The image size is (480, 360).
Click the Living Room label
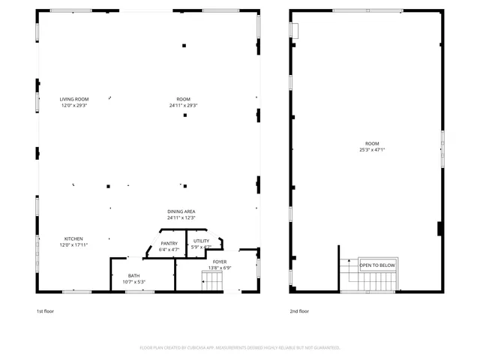(74, 99)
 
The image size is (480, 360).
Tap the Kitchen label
(73, 238)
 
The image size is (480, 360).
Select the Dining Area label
(181, 211)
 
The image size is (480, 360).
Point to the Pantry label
(169, 243)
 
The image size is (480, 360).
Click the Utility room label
(201, 241)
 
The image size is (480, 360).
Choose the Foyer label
(220, 262)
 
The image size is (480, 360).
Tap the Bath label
(133, 276)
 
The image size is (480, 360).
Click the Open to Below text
(377, 265)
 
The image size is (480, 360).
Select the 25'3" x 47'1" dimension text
(372, 149)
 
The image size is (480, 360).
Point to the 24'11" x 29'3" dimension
(183, 106)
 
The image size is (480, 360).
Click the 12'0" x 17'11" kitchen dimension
(74, 245)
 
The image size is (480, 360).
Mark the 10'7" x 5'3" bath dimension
(133, 282)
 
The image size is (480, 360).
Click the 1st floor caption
(45, 310)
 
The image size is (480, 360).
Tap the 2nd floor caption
(298, 310)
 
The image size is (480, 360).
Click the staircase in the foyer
(212, 282)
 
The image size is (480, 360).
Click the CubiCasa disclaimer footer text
(240, 348)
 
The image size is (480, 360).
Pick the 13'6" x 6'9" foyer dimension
(220, 268)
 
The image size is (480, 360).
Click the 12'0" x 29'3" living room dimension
(74, 106)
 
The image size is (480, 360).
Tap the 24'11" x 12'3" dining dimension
(181, 218)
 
